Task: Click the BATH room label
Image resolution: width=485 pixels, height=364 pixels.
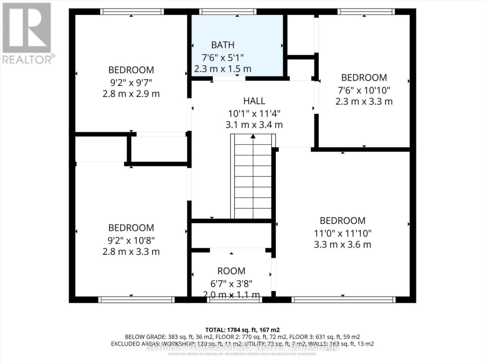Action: coord(223,45)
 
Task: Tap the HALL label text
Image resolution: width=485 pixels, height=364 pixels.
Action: coord(254,101)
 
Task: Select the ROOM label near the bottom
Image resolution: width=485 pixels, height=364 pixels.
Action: coord(231,271)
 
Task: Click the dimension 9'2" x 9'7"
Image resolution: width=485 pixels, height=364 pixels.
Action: coord(131,82)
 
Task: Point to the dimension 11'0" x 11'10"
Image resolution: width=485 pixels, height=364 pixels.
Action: coord(343,233)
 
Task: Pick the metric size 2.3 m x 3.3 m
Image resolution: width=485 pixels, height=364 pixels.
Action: coord(364,102)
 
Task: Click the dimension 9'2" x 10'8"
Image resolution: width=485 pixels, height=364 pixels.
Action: coord(131,240)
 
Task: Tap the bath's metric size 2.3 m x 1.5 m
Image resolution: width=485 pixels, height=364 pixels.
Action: coord(223,69)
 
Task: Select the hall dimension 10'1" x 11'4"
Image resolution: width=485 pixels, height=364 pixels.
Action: coord(254,113)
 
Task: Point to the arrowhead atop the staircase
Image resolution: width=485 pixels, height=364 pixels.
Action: coord(253,136)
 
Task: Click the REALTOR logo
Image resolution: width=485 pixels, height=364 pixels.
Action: coord(27,34)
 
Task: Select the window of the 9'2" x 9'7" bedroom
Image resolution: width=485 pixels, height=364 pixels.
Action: coord(132,12)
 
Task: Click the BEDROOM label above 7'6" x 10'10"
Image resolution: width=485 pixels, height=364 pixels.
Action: coord(364,77)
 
